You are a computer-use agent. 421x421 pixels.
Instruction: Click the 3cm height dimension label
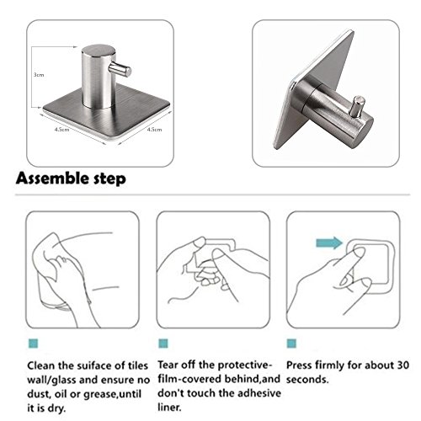click(39, 75)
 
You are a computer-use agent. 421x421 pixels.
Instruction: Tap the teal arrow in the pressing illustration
click(329, 242)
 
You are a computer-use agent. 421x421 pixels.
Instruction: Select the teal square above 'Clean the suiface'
click(33, 344)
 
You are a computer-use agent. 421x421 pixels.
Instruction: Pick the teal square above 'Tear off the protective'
click(163, 344)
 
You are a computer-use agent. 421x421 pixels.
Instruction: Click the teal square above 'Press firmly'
click(291, 344)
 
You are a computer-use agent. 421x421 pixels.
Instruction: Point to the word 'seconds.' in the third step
click(307, 380)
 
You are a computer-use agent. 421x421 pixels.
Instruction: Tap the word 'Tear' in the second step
click(168, 365)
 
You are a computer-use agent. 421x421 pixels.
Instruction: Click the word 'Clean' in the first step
click(41, 365)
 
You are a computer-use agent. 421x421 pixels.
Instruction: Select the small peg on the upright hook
click(120, 70)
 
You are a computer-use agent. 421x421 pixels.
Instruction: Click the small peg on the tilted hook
click(358, 106)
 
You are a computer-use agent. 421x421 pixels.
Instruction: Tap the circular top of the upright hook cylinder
click(99, 51)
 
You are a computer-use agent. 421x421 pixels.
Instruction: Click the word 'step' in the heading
click(109, 179)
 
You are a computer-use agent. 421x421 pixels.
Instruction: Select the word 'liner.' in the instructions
click(169, 408)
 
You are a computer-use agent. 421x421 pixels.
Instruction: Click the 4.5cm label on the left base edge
click(61, 130)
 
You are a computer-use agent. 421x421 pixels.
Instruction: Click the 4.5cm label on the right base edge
click(154, 130)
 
